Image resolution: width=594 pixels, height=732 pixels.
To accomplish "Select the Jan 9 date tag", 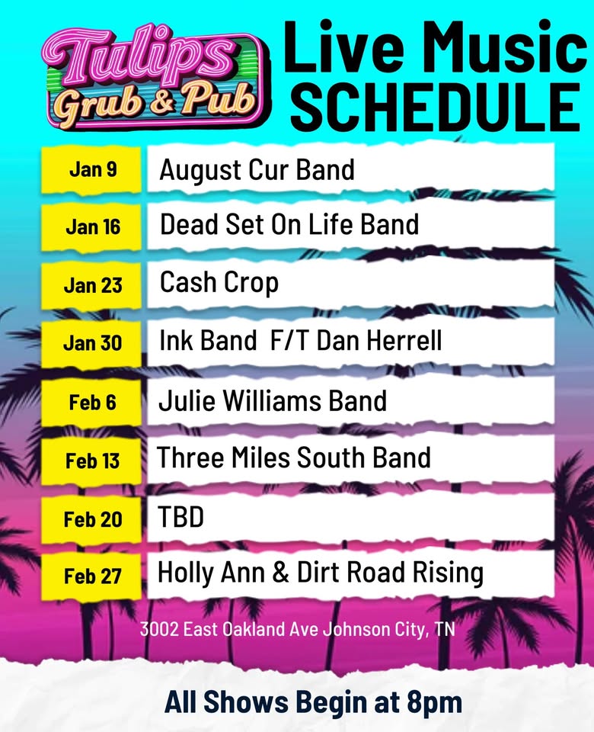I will point(93,169).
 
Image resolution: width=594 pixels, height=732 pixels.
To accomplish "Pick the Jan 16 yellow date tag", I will point(93,226).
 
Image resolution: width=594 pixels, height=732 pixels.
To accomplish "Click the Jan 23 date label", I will point(93,285).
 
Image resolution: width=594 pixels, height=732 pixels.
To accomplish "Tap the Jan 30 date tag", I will point(93,343).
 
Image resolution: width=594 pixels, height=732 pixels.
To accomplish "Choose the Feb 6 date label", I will point(93,402).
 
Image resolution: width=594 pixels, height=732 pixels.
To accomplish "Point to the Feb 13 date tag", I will point(93,461).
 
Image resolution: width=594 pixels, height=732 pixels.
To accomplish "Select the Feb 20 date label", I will point(93,519).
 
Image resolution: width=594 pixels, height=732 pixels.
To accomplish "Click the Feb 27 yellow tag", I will point(93,576).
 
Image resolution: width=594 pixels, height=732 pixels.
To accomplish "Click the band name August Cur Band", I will point(257,169).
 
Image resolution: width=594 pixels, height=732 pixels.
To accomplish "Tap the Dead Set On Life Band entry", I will point(289,225).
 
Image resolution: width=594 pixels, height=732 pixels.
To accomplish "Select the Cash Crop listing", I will point(219,284).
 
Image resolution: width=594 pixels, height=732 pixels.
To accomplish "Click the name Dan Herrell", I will point(378,341).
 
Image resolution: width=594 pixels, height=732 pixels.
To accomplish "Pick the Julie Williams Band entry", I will point(273,400).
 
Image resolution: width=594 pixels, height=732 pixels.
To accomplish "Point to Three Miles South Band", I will point(294,457).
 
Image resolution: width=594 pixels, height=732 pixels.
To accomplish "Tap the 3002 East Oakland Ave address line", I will point(297,631).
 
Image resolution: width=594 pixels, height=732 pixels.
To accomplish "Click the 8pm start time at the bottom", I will point(436,701).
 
